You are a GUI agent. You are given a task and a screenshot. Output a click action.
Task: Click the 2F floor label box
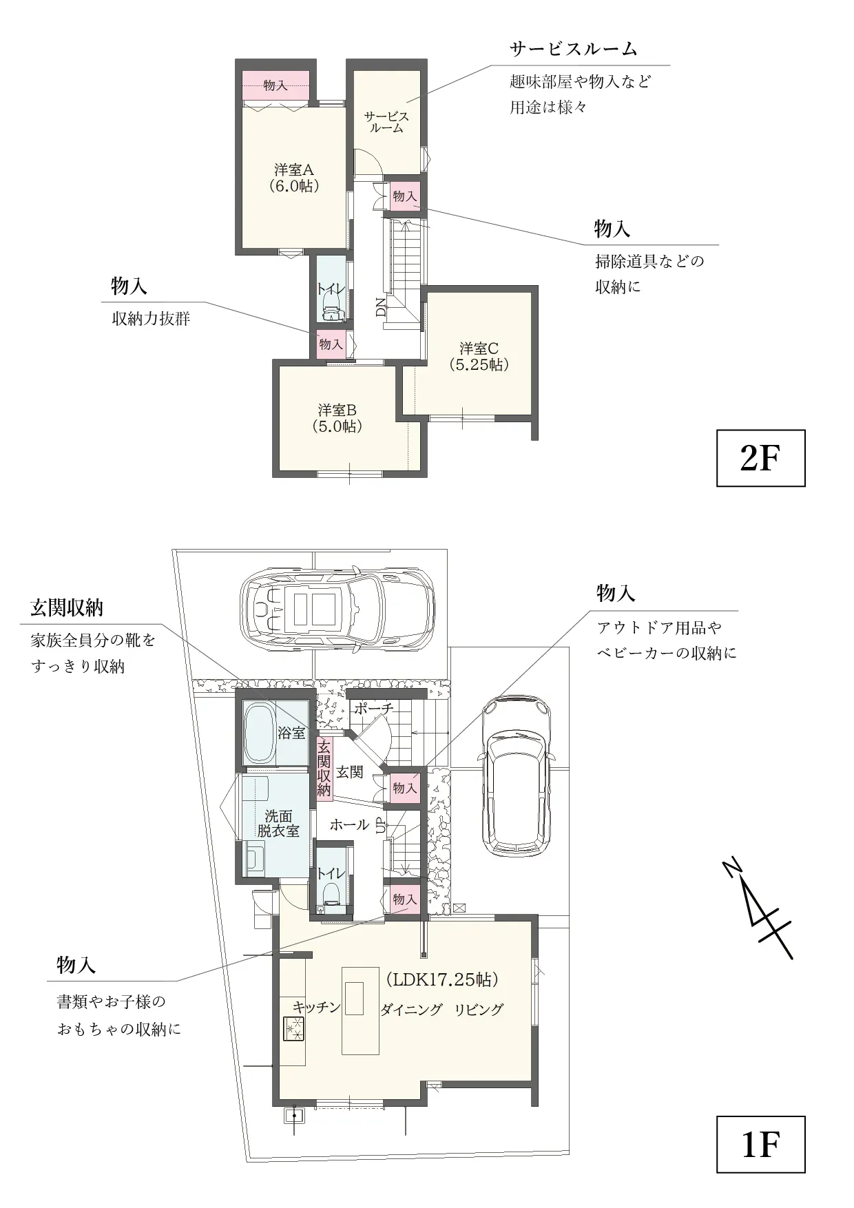(760, 458)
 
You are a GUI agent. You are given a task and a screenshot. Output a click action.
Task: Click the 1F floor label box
(760, 1144)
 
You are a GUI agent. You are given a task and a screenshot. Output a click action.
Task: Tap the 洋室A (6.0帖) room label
(294, 177)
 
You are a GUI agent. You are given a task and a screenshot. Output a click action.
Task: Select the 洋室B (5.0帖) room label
(337, 418)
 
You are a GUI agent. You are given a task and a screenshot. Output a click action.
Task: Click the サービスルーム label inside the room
(386, 122)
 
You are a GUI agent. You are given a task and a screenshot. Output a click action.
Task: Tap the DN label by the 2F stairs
(381, 306)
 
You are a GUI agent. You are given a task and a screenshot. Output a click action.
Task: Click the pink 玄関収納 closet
(324, 767)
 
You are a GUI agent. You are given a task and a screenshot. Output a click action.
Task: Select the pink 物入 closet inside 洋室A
(275, 85)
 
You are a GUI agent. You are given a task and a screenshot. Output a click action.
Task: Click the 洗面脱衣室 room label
(278, 823)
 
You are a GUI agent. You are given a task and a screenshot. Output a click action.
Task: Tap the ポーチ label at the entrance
(374, 708)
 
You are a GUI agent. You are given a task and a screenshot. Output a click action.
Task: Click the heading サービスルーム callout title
(574, 49)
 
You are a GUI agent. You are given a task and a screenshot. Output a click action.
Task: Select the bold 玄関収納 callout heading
(67, 607)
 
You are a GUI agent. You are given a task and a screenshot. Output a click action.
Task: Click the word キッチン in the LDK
(317, 1007)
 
